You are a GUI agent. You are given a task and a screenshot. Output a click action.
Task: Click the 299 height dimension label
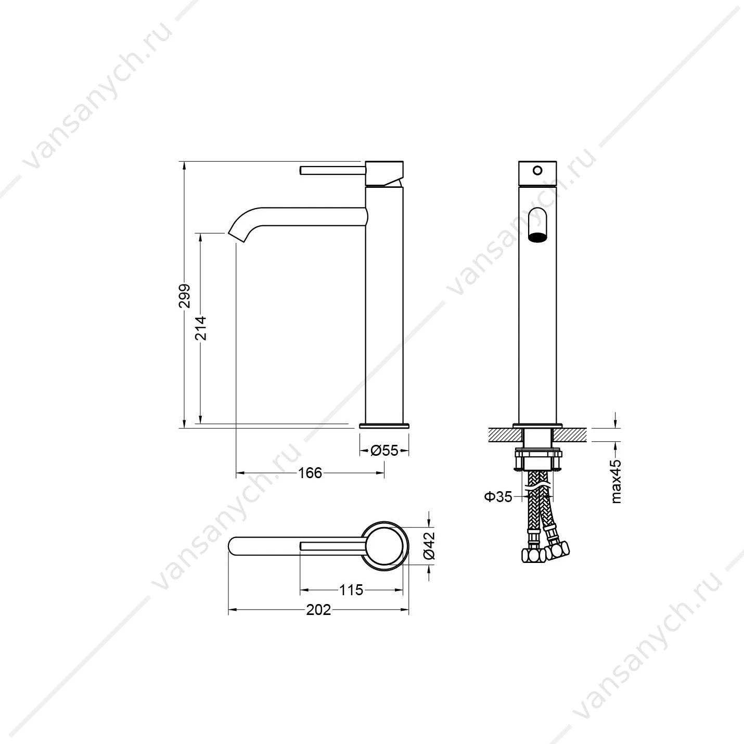[185, 296]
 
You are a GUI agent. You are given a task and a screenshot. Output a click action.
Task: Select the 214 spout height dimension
[201, 328]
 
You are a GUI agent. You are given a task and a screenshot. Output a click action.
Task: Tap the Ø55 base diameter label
[384, 450]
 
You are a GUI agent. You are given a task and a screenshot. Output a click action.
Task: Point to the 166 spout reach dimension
[310, 472]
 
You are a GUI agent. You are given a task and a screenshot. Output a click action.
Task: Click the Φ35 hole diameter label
[498, 496]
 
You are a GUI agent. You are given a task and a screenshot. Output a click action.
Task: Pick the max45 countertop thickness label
[617, 481]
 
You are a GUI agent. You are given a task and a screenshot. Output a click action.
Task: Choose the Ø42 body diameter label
[429, 546]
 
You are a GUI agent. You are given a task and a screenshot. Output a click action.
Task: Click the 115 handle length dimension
[351, 590]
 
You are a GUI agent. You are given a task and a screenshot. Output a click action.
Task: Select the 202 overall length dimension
[318, 610]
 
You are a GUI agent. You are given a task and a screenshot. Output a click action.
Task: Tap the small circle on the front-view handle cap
[537, 170]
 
